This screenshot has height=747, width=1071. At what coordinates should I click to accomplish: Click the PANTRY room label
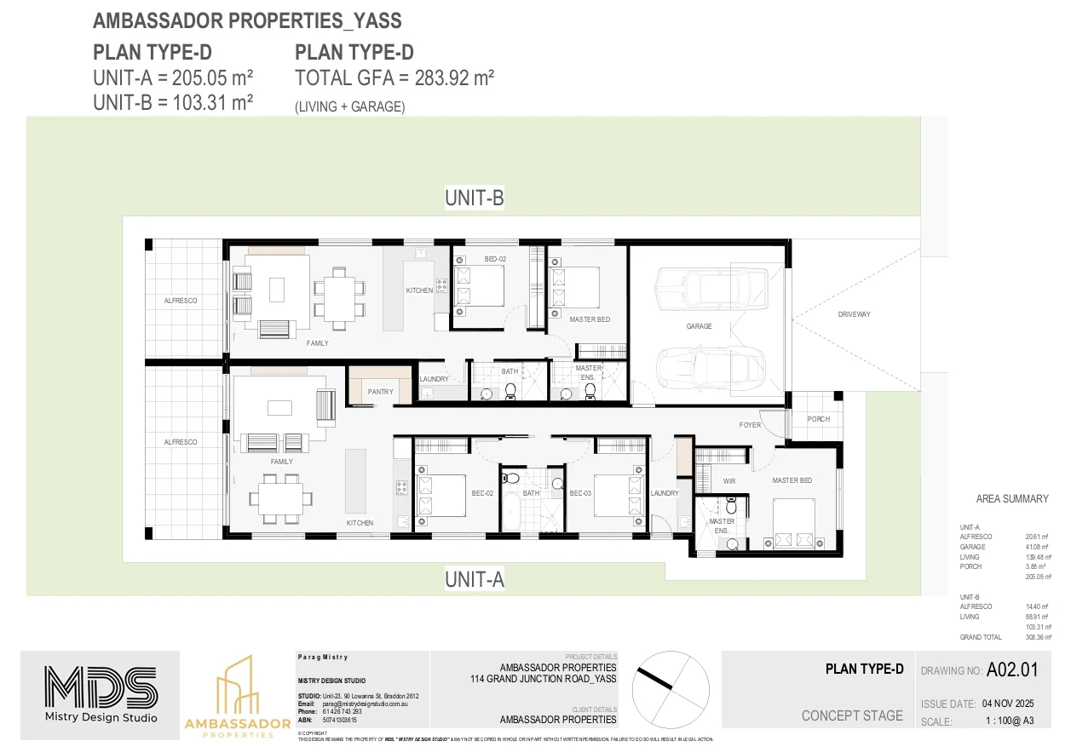[381, 392]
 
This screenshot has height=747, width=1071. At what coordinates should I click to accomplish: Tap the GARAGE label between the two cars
[699, 326]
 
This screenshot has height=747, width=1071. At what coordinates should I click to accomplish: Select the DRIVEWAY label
[854, 314]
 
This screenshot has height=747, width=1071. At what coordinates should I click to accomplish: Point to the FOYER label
[750, 425]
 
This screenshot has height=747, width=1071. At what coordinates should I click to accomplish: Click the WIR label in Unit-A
[728, 481]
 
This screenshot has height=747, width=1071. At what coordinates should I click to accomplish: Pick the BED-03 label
[580, 493]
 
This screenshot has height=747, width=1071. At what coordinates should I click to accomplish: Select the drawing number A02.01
[1012, 670]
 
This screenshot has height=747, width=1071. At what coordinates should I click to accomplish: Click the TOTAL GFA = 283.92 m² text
[394, 78]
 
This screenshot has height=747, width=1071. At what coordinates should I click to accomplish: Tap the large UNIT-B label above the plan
[475, 198]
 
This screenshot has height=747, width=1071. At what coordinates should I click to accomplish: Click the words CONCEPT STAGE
[852, 715]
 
